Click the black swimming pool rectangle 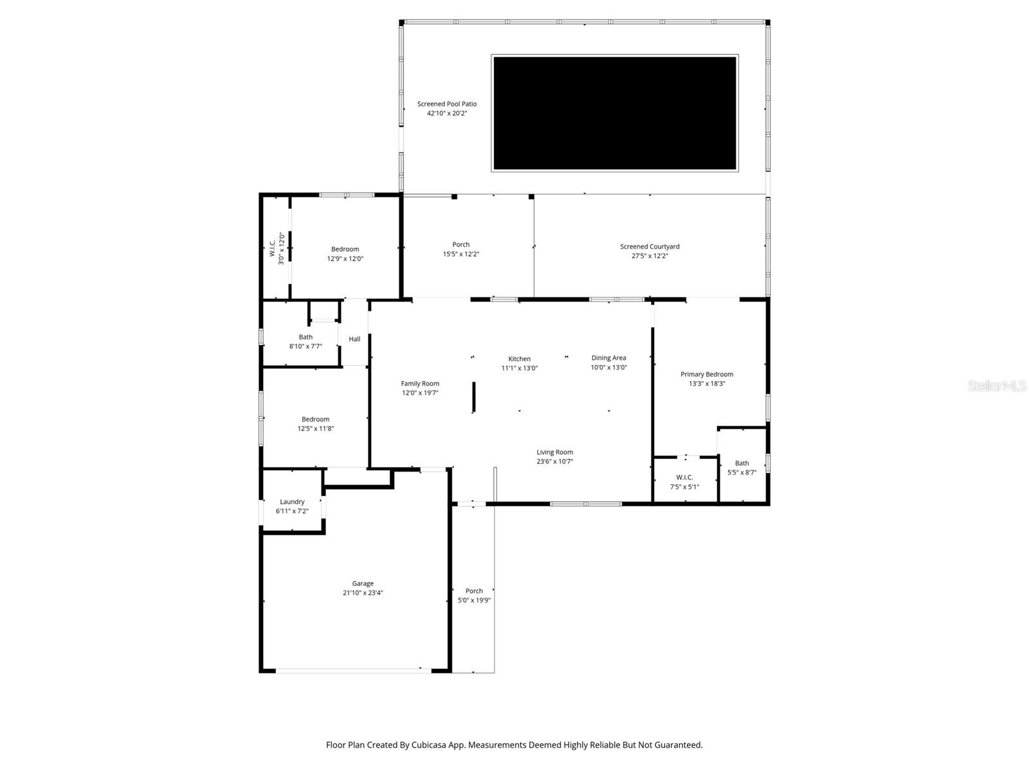[614, 113]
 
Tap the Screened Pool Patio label [447, 104]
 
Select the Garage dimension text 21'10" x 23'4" [363, 593]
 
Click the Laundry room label [292, 502]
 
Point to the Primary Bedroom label [707, 374]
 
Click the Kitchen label [520, 359]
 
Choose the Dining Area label [608, 358]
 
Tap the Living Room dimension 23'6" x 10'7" [554, 461]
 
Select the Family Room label [420, 384]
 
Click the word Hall [354, 339]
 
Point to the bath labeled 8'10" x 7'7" [305, 341]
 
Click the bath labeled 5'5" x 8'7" [742, 467]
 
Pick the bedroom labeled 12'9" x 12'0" [345, 254]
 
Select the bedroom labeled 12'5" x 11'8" [315, 423]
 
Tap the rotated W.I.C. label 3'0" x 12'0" [277, 248]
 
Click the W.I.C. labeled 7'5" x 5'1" [684, 482]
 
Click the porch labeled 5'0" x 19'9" [474, 596]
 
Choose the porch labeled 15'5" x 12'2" [460, 249]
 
